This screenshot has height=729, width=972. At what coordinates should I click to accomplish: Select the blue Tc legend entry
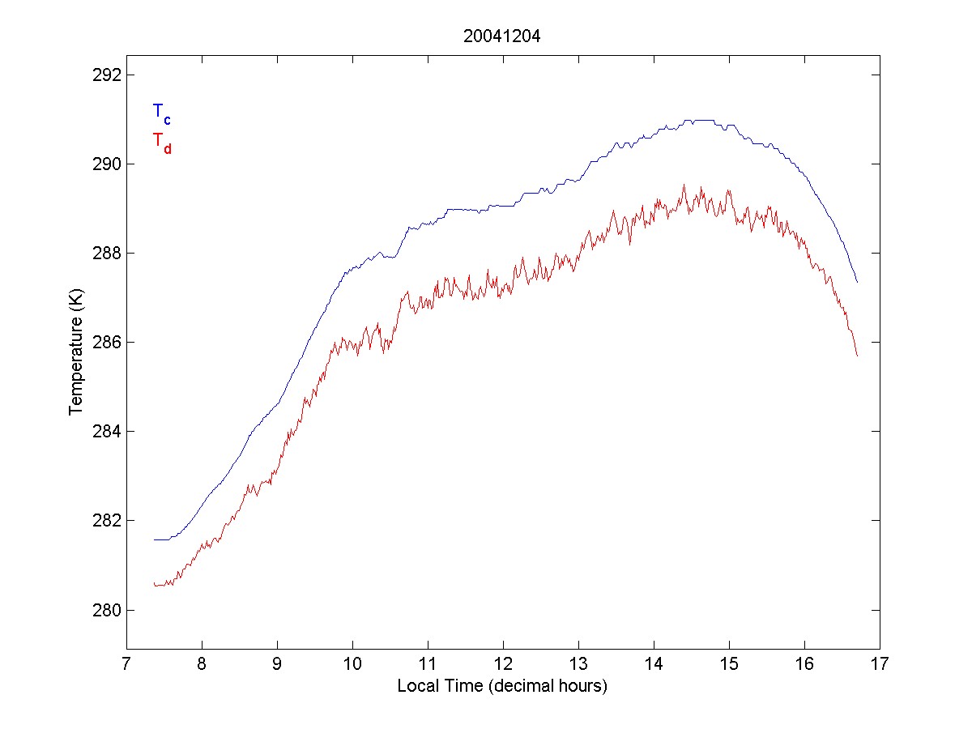(161, 113)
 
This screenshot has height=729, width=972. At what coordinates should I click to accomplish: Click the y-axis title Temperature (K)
(76, 352)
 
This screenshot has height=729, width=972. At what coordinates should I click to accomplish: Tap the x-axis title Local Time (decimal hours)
(502, 686)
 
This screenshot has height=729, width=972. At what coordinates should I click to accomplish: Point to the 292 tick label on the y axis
(104, 75)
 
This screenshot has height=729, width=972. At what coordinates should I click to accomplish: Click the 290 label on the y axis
(104, 164)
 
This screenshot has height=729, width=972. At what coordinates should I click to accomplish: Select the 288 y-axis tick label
(104, 254)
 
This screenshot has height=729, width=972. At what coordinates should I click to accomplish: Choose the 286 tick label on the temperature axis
(104, 343)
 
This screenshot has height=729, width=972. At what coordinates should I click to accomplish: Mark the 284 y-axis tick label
(104, 431)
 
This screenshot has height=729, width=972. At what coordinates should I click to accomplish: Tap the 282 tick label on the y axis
(104, 520)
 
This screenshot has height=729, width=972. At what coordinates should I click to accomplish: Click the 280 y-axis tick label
(104, 609)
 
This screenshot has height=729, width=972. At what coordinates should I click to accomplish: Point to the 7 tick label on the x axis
(126, 665)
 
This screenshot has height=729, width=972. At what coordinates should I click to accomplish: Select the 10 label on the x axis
(352, 665)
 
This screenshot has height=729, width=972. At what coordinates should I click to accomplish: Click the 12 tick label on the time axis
(503, 665)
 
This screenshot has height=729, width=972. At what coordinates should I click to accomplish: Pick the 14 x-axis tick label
(654, 665)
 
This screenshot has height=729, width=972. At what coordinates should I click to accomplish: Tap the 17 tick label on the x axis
(880, 665)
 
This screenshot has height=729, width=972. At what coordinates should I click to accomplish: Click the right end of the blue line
(857, 282)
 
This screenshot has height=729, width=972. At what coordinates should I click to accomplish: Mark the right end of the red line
(857, 356)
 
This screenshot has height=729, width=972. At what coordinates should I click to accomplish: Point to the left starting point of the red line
(154, 583)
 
